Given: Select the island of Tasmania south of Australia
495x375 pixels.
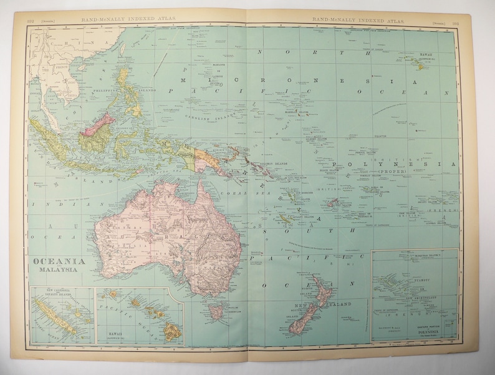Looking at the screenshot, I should (x=216, y=309).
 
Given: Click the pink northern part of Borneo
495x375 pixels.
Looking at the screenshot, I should (x=98, y=122).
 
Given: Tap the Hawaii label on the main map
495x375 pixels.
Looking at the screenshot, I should (x=425, y=55).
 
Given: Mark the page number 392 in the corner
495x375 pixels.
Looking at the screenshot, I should (x=31, y=21).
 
